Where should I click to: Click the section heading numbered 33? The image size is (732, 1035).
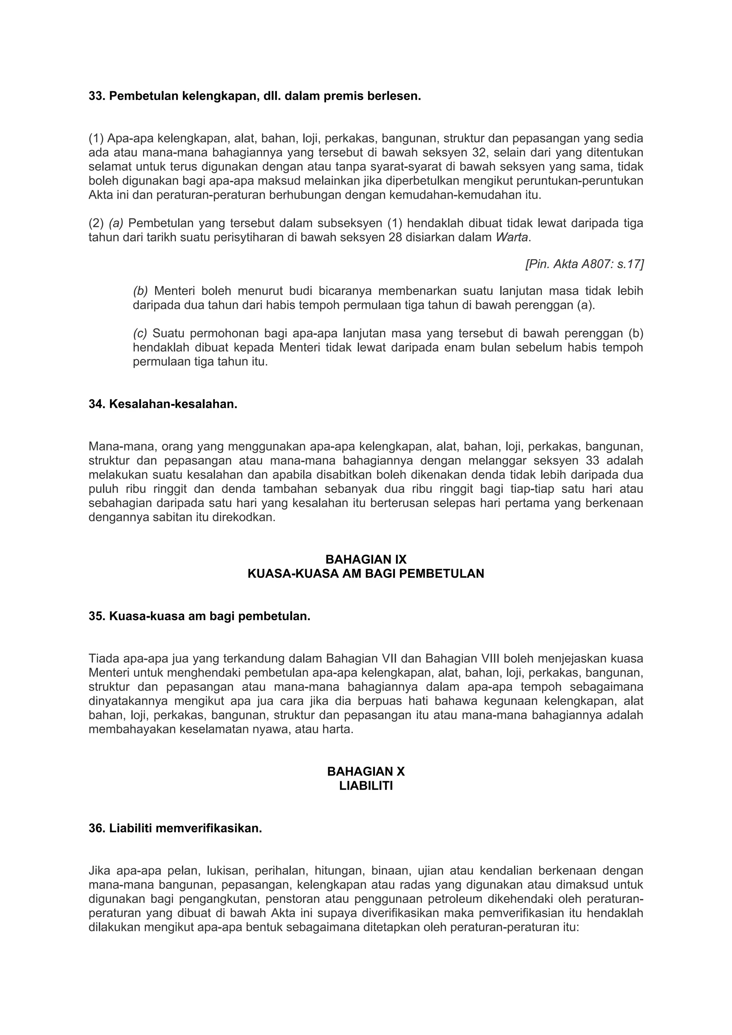[254, 96]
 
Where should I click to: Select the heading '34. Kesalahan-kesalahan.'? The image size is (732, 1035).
[163, 404]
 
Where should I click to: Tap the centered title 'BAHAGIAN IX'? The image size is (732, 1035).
[366, 559]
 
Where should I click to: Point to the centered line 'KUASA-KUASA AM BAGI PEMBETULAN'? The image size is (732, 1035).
[366, 573]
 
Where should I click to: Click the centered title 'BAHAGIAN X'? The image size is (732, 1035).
[366, 771]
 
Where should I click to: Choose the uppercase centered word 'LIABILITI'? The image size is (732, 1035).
[366, 786]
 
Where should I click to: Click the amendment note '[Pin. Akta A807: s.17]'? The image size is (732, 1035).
[584, 264]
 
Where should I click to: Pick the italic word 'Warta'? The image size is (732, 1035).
[511, 238]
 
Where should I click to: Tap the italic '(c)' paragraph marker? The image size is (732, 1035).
[140, 334]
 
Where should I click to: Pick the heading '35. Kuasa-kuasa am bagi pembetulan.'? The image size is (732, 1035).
[199, 616]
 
